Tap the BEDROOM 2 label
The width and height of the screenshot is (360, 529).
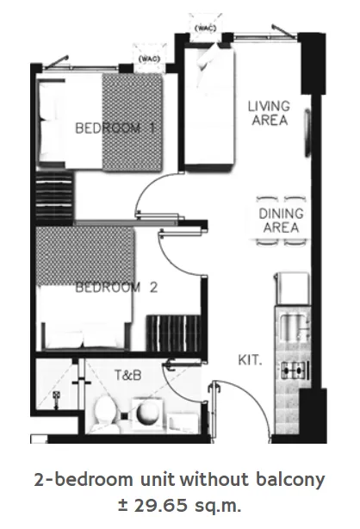pos(116,288)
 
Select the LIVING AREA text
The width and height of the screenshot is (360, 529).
pos(269,113)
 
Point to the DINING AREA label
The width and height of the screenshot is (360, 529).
pos(277,220)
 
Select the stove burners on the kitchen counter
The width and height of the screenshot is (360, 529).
pos(294,371)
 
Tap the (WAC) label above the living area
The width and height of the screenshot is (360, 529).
pos(204,28)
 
